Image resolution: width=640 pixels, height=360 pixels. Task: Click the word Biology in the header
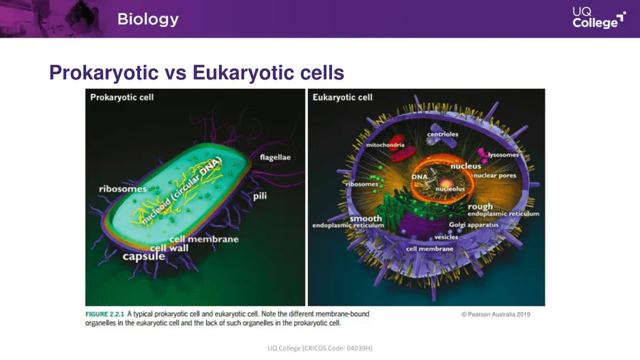148,19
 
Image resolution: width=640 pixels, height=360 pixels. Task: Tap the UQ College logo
598,18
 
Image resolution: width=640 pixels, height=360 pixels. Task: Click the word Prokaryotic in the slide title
104,73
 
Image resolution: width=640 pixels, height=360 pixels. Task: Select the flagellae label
275,157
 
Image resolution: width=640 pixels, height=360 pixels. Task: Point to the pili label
260,196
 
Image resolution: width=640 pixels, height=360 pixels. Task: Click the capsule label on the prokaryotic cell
144,256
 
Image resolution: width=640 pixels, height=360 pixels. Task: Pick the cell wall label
169,248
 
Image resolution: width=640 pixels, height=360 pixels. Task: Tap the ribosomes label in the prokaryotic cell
122,189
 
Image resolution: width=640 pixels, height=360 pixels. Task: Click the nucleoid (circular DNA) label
181,190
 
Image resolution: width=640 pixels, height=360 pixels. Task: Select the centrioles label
442,134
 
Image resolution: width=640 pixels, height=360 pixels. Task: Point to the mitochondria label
385,145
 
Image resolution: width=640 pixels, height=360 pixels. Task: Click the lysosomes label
503,154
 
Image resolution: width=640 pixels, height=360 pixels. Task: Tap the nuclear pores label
495,175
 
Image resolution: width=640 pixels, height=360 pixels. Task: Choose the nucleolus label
450,189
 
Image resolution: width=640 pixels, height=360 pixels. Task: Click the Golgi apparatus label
474,225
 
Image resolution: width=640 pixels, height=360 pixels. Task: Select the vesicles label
446,237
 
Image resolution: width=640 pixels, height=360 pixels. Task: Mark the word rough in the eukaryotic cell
480,206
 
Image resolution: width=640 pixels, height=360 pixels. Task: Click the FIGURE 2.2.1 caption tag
105,314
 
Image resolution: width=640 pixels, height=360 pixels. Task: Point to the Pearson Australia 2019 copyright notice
496,314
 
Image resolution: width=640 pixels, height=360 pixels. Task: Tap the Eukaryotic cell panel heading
343,97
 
